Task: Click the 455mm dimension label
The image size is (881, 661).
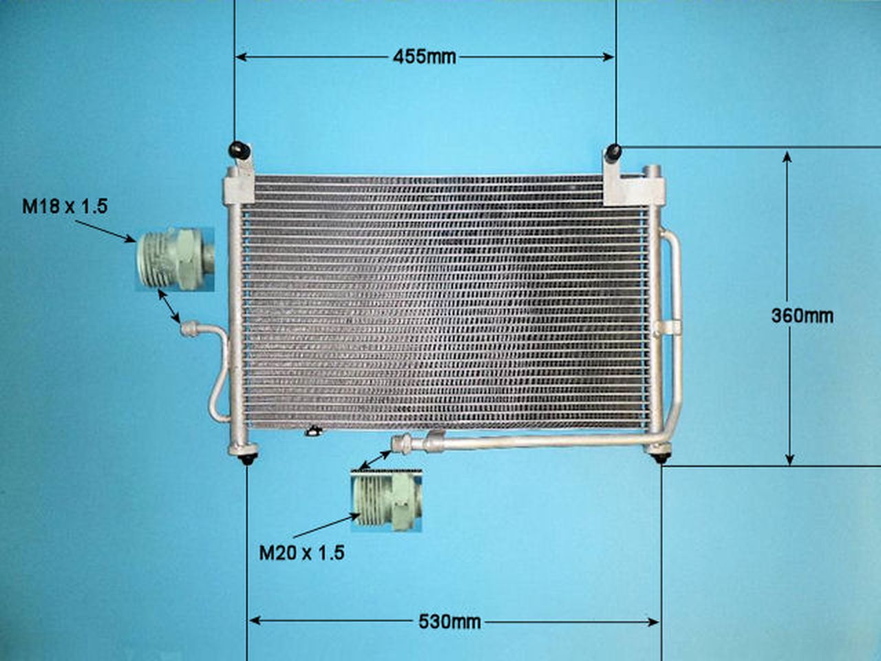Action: [424, 56]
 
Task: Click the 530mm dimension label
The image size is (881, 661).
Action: [449, 622]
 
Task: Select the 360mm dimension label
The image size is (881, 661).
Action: [802, 316]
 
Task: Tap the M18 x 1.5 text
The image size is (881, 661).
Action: [65, 205]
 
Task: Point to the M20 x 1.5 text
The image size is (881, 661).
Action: [301, 552]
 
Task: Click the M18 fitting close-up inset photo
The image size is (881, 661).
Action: [173, 259]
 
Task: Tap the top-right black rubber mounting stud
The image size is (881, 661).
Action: [613, 151]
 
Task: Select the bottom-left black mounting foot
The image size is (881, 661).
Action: [246, 457]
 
